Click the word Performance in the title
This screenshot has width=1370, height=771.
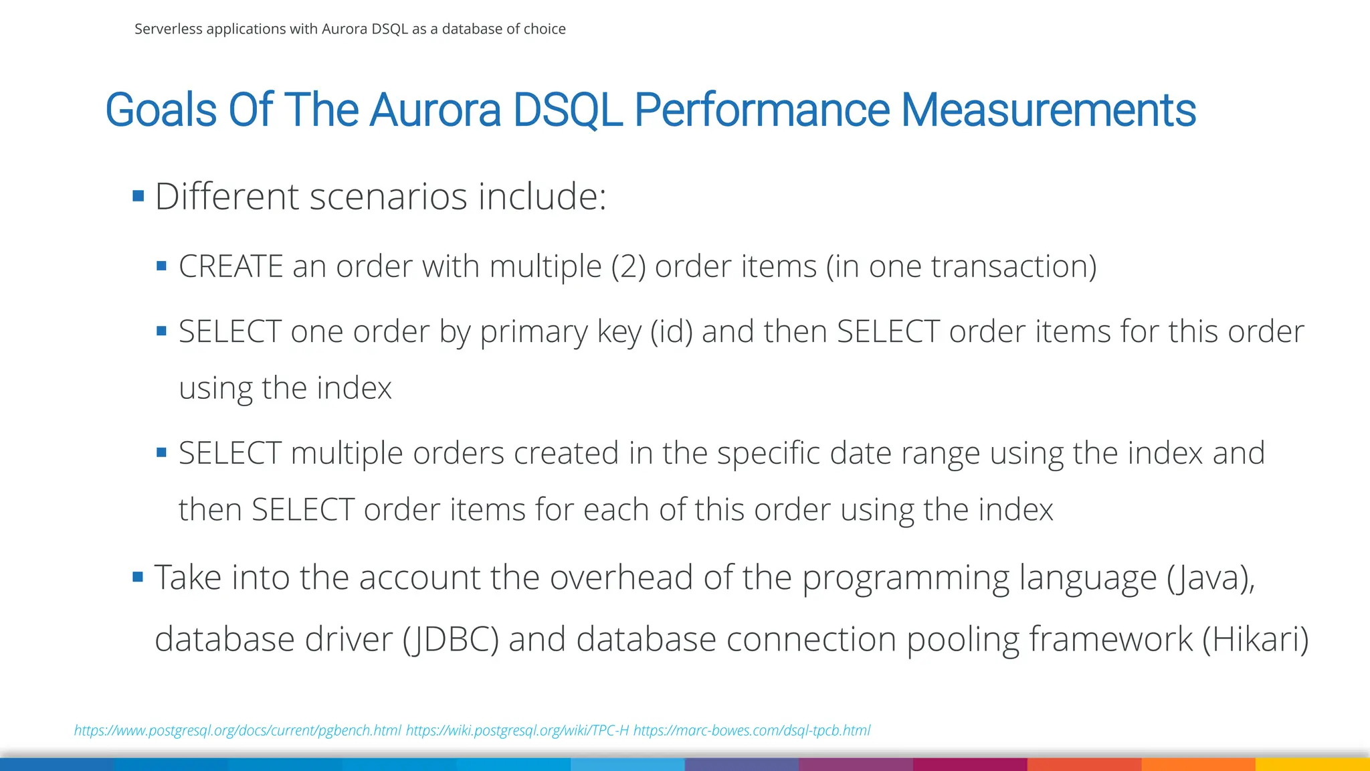[761, 110]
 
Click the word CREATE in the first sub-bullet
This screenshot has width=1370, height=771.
[231, 266]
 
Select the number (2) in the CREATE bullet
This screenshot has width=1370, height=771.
[628, 266]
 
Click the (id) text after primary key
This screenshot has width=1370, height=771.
[672, 332]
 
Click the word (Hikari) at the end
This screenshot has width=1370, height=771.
[1255, 638]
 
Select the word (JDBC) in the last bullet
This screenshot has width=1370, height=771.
[451, 638]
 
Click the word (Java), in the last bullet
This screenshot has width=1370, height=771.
[1211, 577]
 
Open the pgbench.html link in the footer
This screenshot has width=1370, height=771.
[237, 730]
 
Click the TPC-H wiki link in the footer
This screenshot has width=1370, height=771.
[517, 730]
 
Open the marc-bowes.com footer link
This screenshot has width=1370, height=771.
[751, 730]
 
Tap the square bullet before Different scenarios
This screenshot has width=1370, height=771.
[138, 196]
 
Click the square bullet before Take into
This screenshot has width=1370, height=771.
[138, 577]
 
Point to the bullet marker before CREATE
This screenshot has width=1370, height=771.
[161, 266]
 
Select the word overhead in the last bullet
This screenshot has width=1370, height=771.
[621, 577]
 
